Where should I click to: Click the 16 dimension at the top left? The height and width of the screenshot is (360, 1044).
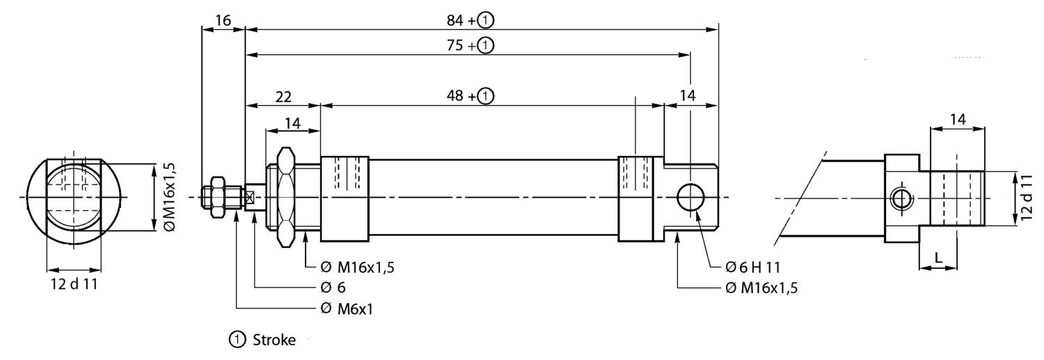pyautogui.click(x=223, y=20)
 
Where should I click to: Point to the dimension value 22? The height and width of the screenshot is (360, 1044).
pyautogui.click(x=283, y=97)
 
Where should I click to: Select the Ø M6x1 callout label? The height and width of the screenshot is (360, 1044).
pyautogui.click(x=347, y=309)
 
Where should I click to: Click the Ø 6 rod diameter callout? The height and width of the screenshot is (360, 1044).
pyautogui.click(x=333, y=287)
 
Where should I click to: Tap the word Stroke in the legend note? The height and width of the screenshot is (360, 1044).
pyautogui.click(x=273, y=341)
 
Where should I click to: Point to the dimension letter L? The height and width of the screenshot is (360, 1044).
pyautogui.click(x=939, y=258)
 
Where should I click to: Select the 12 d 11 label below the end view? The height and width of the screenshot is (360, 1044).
pyautogui.click(x=74, y=285)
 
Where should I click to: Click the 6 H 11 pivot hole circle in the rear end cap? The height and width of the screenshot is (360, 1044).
pyautogui.click(x=690, y=198)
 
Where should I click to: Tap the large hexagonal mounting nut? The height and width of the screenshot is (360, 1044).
pyautogui.click(x=286, y=197)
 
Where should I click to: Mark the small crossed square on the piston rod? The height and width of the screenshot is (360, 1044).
pyautogui.click(x=249, y=198)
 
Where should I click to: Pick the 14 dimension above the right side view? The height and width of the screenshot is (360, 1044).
pyautogui.click(x=958, y=119)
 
